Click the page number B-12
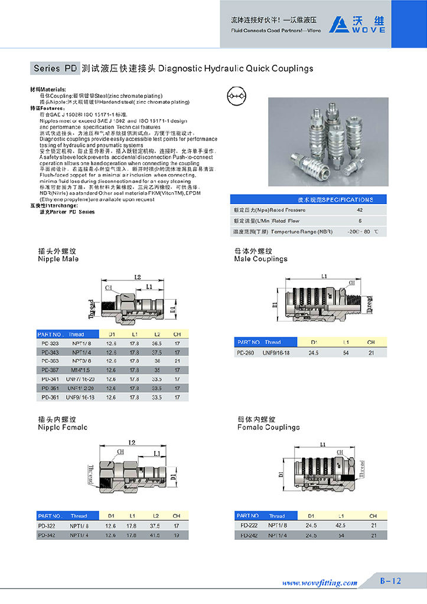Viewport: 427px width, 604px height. [x=390, y=581]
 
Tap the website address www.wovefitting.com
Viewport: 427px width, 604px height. [x=320, y=583]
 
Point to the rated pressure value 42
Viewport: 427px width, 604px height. [x=360, y=209]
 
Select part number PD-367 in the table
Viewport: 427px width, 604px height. [x=50, y=369]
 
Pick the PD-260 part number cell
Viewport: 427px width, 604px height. [x=246, y=352]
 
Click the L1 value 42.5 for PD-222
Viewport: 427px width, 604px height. [x=341, y=525]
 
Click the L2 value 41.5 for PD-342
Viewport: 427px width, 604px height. [x=157, y=534]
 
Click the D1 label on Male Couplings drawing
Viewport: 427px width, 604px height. [x=275, y=305]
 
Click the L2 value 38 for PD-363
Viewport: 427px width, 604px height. [x=157, y=360]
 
